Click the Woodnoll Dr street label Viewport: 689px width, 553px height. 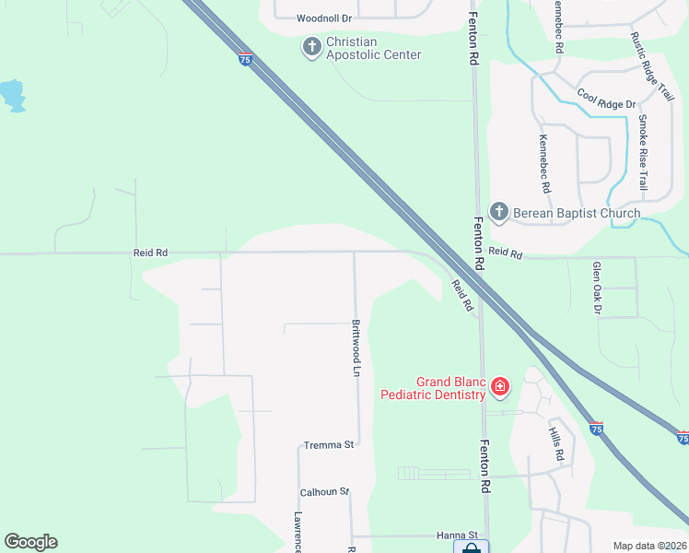pos(324,18)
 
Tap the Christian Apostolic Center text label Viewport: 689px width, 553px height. pos(373,49)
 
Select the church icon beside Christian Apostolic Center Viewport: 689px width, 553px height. pos(311,45)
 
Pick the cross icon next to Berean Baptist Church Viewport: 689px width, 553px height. pos(498,213)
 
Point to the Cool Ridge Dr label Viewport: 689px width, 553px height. pos(606,100)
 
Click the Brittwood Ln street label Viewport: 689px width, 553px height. pos(356,347)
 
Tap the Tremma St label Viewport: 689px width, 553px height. pos(329,446)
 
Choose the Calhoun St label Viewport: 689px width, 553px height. pos(324,492)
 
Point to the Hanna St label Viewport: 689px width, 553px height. pos(458,535)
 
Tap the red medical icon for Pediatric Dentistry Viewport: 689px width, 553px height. pos(499,386)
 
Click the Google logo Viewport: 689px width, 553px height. pos(30,542)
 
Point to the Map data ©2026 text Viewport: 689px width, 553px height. pos(649,546)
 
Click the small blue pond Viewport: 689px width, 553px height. pos(12,95)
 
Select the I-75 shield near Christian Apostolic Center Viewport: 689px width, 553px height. pos(244,59)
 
